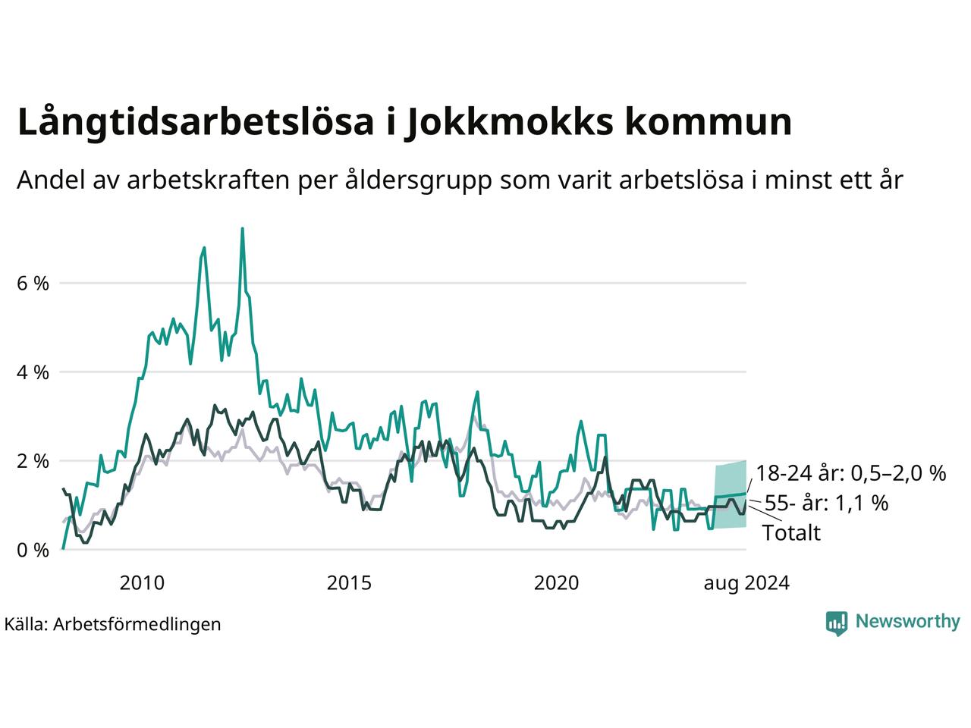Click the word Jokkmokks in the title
point(509,122)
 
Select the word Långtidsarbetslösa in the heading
point(196,121)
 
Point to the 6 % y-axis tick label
point(33,284)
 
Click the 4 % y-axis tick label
point(33,372)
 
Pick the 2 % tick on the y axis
point(33,462)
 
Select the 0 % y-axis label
point(33,551)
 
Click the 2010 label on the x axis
point(142,583)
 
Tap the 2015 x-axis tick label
point(349,583)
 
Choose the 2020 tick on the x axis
point(556,583)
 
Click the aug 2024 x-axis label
point(746,583)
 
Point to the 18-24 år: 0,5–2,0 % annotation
point(851,473)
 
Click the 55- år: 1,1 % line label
point(826,503)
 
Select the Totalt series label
point(792,532)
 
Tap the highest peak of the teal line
point(242,228)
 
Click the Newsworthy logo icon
point(837,623)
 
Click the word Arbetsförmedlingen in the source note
point(137,625)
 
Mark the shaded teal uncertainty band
point(731,494)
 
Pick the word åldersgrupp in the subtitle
point(418,180)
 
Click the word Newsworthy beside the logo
point(908,622)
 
